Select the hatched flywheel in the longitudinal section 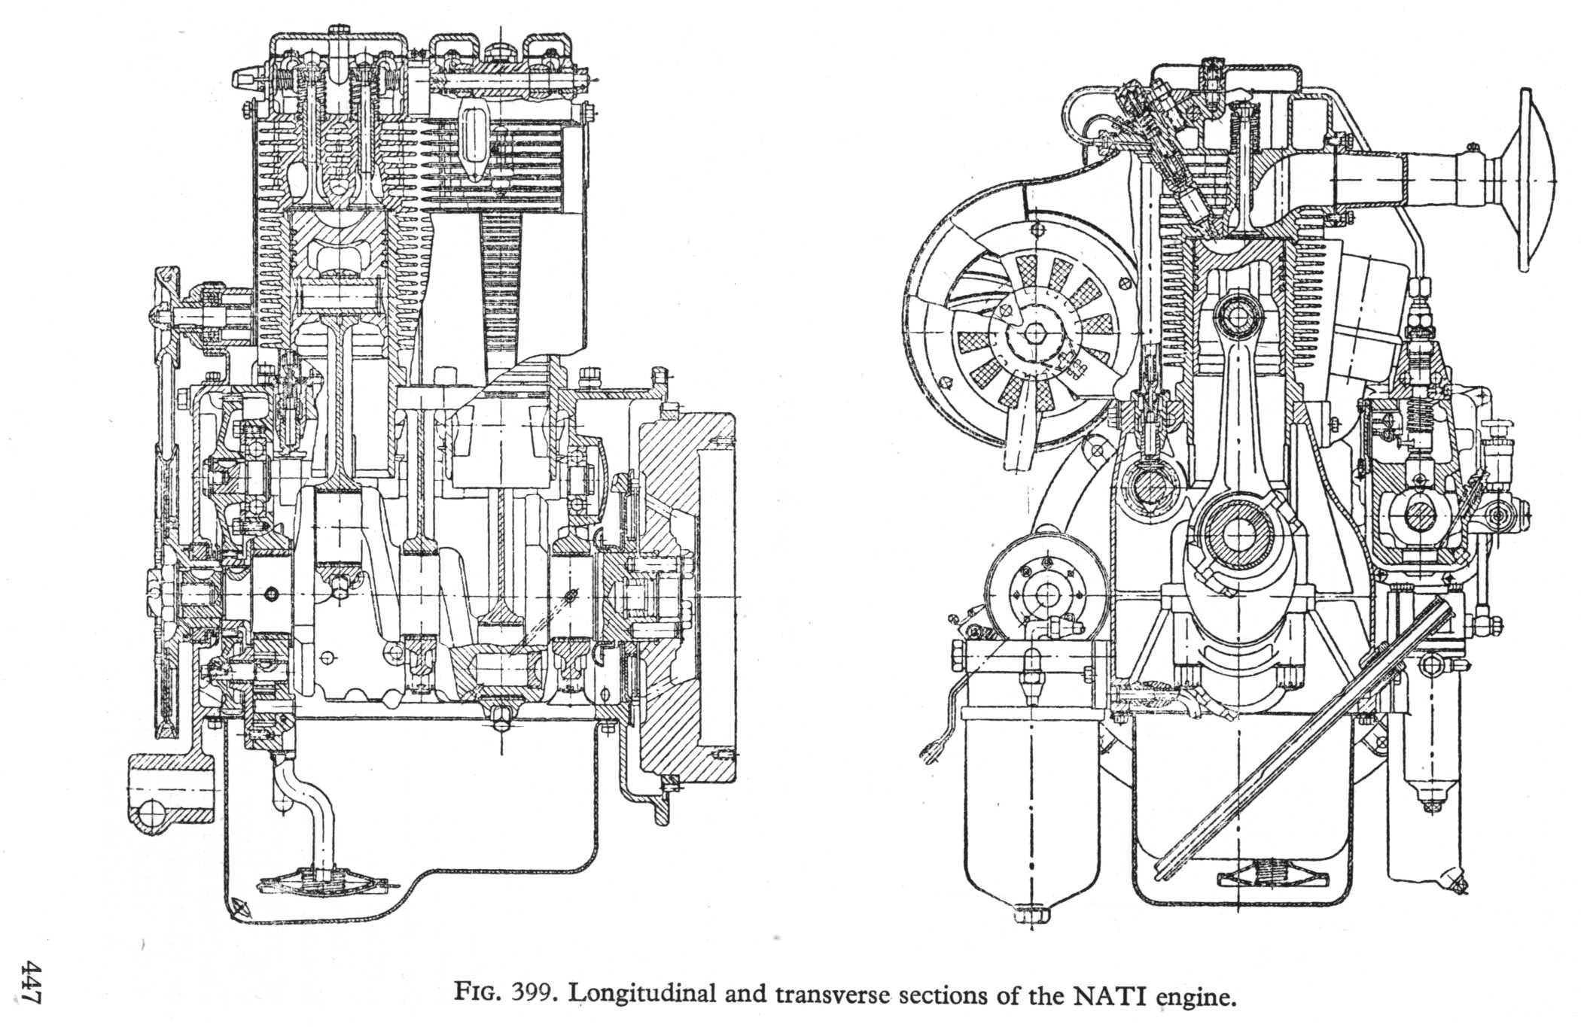coord(681,602)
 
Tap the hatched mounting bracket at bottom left coord(169,794)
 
